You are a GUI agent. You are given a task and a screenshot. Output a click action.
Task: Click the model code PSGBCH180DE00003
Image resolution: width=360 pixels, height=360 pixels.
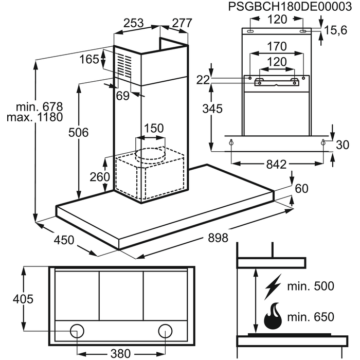tap(290, 6)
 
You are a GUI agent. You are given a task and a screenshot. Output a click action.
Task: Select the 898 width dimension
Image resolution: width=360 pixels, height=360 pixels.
tap(218, 238)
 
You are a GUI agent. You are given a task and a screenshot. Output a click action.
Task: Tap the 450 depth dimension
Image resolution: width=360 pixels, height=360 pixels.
tap(64, 240)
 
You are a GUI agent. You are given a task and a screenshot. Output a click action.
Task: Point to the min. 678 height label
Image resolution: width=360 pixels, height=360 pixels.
tap(39, 107)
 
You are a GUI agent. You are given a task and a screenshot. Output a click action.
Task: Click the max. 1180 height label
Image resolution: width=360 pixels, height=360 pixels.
tap(34, 117)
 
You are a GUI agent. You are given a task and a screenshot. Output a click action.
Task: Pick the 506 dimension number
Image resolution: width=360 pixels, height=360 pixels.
tap(79, 133)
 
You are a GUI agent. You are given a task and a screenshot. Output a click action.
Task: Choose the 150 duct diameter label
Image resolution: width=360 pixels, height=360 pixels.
tap(154, 128)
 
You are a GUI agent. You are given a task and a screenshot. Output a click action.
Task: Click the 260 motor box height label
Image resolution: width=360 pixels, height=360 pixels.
tap(100, 177)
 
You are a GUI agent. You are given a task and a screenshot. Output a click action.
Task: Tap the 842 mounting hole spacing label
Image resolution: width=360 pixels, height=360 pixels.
tap(277, 165)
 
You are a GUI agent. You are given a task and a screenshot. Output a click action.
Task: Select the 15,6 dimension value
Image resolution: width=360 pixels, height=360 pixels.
tap(336, 30)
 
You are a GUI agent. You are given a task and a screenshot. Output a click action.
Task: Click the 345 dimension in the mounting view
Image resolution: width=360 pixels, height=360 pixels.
tap(212, 109)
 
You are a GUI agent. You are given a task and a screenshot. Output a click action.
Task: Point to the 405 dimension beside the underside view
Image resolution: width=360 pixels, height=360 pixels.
tap(23, 299)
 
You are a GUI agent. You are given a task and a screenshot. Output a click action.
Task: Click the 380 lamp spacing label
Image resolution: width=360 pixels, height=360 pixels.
tap(121, 353)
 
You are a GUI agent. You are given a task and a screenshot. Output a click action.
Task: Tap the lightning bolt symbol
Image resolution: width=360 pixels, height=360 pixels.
tap(273, 287)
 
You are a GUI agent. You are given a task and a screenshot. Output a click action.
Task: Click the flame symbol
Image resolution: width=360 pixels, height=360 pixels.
tap(273, 316)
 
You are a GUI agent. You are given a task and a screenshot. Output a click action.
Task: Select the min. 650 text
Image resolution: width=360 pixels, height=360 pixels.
tap(311, 317)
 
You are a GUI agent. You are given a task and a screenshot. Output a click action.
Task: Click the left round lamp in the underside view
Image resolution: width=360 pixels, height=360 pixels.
tap(77, 331)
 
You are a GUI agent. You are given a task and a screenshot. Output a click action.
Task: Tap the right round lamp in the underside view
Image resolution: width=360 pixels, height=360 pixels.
tap(165, 331)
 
